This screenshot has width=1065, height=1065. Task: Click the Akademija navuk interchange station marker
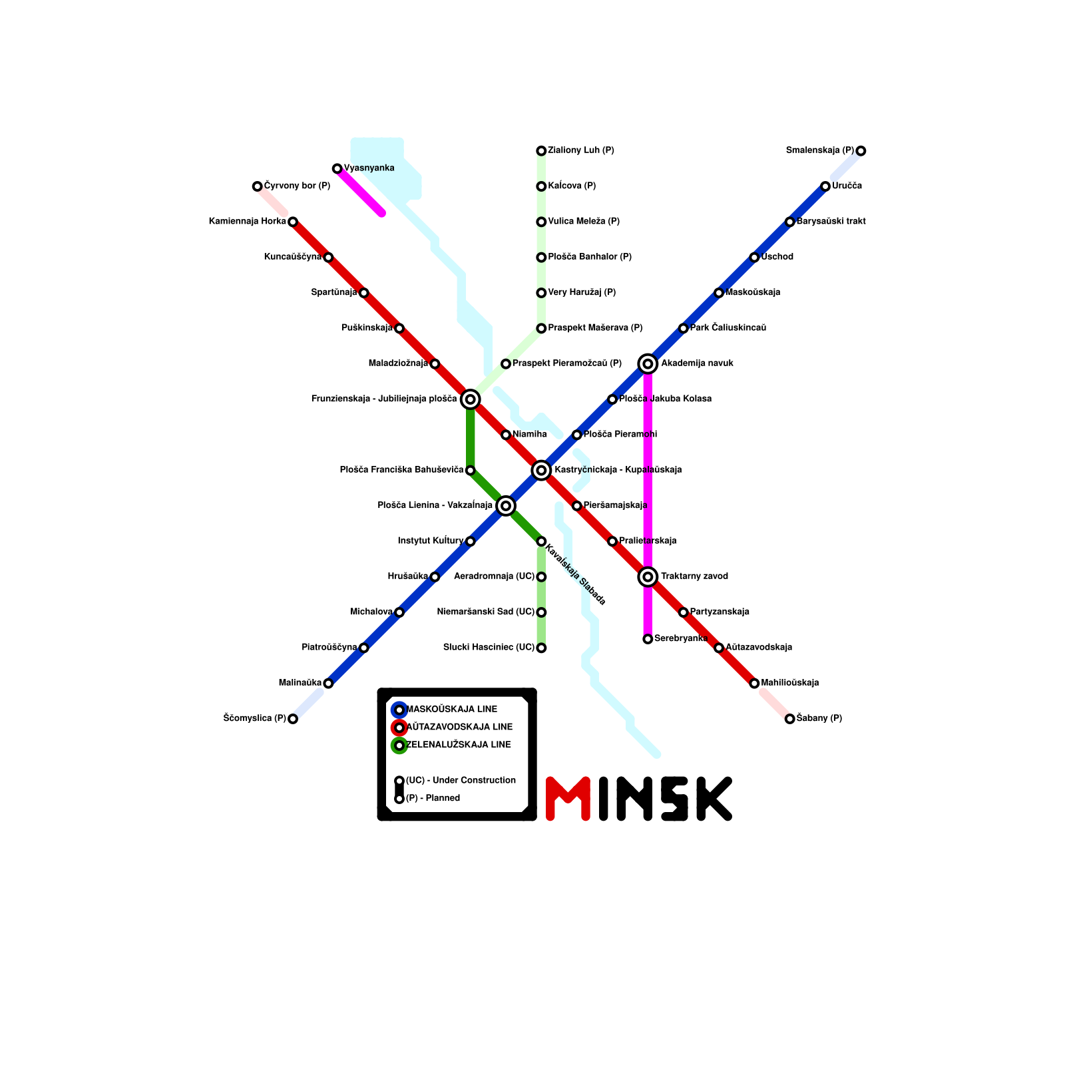click(648, 363)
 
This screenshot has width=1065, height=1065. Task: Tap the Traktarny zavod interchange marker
click(648, 576)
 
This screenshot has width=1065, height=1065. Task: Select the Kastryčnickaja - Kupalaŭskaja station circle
click(541, 470)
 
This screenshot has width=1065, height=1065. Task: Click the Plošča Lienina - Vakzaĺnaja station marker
click(506, 506)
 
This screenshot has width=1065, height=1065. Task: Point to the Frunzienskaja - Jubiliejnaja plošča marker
click(470, 399)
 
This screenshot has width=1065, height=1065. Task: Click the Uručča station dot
click(825, 186)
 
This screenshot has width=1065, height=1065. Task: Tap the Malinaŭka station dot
click(328, 683)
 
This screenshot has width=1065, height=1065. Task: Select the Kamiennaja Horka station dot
click(293, 222)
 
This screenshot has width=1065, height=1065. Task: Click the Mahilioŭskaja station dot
click(754, 683)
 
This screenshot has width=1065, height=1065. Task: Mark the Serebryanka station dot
click(648, 639)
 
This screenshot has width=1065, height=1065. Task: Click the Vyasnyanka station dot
click(337, 168)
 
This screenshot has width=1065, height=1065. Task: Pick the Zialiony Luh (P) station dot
click(541, 151)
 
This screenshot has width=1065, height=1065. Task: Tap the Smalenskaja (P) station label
click(819, 150)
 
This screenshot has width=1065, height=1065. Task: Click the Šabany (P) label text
click(819, 718)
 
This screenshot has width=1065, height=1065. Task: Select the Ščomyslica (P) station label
click(255, 718)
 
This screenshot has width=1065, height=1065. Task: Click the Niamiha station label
click(530, 435)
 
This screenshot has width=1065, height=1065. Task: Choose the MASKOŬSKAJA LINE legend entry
click(451, 710)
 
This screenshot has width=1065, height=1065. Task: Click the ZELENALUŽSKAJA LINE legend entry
click(458, 745)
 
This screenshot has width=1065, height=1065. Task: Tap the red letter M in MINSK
click(568, 798)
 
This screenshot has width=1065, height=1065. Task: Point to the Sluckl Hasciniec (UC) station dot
click(541, 648)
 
